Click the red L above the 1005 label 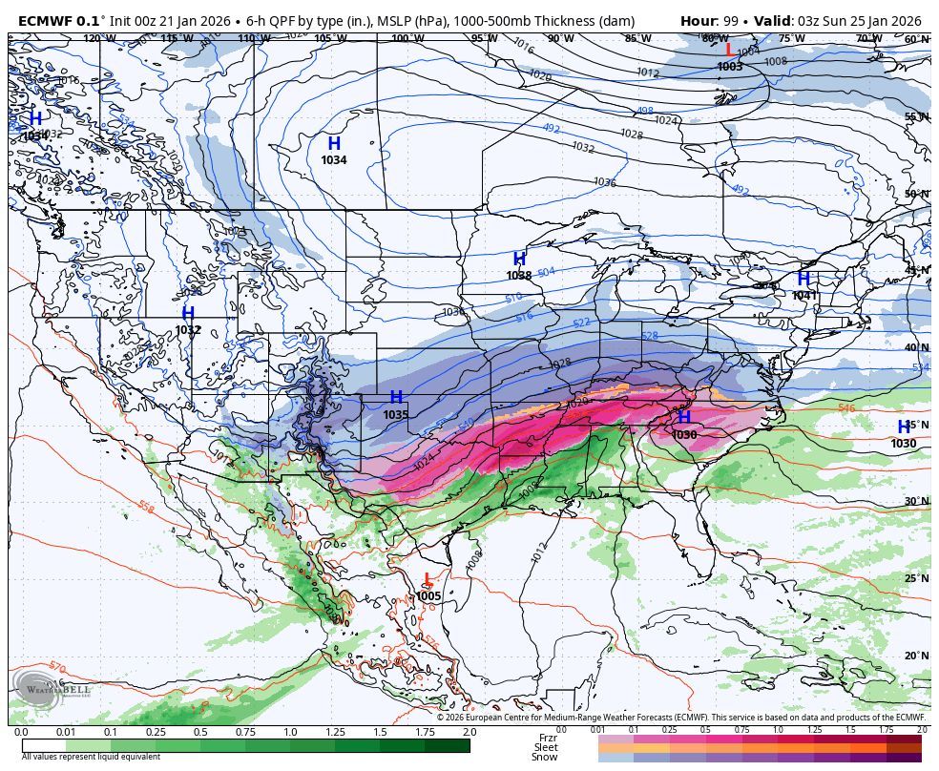[428, 580]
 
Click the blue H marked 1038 [519, 260]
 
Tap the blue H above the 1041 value [803, 280]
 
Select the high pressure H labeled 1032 [188, 314]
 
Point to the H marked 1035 [396, 398]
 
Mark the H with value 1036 [683, 418]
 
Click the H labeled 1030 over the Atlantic [904, 427]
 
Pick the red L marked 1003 [729, 51]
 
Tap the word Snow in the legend [545, 758]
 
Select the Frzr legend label [547, 738]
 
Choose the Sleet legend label [546, 747]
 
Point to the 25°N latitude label [916, 579]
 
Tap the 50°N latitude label [916, 194]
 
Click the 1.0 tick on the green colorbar [290, 732]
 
